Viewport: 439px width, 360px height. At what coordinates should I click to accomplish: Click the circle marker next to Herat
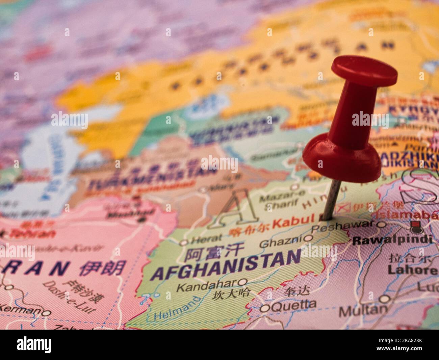pos(184,242)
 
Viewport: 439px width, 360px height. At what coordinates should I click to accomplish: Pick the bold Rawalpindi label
pos(392,240)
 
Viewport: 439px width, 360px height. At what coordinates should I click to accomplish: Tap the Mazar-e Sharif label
pos(279,198)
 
